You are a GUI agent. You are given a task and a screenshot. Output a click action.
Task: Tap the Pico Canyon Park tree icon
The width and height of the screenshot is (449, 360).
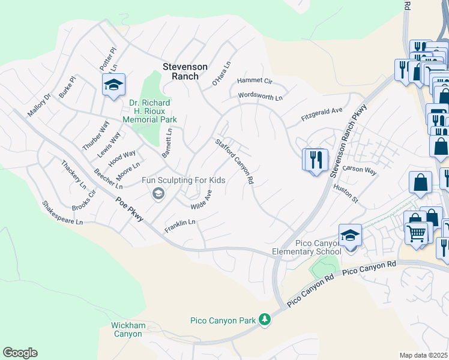tap(264, 320)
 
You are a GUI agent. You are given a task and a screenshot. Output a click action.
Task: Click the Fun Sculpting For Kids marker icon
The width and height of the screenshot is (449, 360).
tap(158, 193)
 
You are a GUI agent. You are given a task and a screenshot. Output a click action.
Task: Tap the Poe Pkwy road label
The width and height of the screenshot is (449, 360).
tap(130, 211)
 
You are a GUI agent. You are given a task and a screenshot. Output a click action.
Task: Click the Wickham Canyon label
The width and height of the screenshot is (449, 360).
tap(127, 329)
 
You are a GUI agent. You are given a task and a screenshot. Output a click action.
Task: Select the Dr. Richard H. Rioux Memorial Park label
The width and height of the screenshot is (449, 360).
tap(149, 111)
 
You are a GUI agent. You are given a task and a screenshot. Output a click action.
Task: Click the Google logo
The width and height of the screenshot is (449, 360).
tap(20, 353)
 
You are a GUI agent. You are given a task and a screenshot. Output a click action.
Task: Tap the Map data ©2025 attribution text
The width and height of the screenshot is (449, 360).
tap(423, 355)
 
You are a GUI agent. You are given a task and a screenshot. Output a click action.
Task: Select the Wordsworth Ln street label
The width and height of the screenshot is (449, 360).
tap(260, 95)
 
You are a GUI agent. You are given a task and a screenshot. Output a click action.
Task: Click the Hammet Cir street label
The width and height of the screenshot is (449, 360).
tap(255, 80)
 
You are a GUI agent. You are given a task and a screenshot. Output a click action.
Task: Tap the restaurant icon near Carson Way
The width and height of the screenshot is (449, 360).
tap(315, 160)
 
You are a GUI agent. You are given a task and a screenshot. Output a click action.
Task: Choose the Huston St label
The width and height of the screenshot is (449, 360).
tap(345, 194)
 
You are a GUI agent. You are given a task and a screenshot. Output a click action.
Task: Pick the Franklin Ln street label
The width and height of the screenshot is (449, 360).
tap(181, 226)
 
